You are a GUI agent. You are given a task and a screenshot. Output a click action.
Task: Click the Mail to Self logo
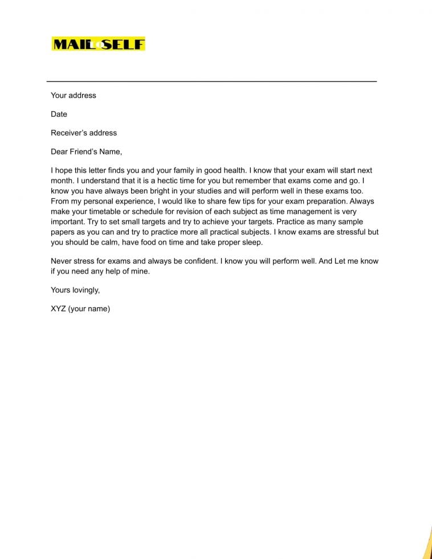click(98, 44)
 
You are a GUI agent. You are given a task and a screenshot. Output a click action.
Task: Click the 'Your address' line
click(74, 95)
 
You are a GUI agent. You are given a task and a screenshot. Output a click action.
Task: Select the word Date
click(59, 114)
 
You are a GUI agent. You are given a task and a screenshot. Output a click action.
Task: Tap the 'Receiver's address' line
click(84, 133)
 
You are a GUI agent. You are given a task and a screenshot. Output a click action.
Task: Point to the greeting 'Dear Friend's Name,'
click(86, 152)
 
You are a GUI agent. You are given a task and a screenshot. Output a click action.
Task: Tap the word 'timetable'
click(110, 211)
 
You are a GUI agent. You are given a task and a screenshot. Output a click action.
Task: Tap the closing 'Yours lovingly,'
click(75, 290)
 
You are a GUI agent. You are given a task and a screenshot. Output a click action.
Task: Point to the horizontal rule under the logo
click(211, 81)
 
